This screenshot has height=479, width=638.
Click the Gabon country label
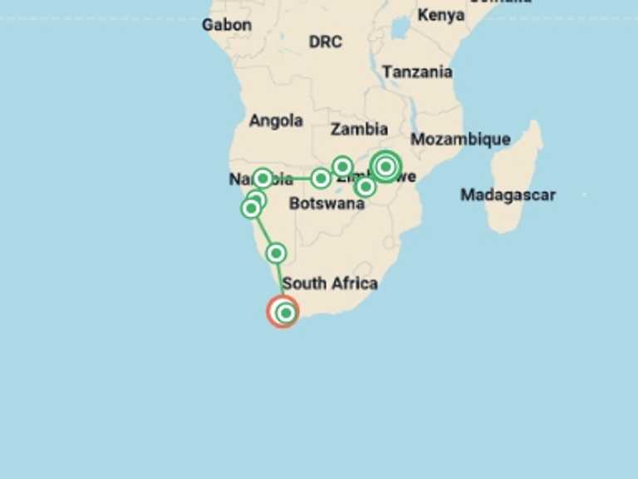[226, 25]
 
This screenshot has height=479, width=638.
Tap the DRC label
[325, 41]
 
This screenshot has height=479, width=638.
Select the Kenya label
[440, 15]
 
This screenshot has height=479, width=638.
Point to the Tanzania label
[417, 72]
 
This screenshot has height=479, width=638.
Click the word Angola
[276, 121]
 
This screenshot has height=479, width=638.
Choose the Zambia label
[359, 129]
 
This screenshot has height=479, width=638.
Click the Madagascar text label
[508, 195]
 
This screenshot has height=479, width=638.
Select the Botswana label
[326, 203]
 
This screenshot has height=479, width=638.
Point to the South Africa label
[330, 284]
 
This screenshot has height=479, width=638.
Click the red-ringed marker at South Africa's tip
[283, 312]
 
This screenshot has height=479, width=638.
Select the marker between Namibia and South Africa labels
[276, 253]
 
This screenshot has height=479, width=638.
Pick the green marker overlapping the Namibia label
[263, 178]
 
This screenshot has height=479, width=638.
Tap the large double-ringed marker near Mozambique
[385, 167]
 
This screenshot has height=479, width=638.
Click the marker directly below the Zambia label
[342, 166]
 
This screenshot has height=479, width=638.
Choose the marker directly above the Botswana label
[321, 178]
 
